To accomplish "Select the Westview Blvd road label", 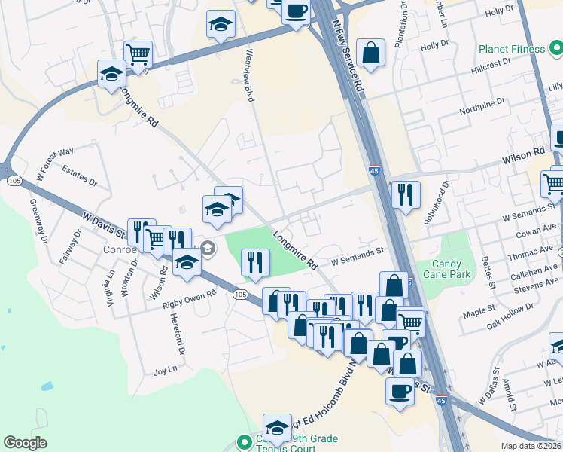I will pyautogui.click(x=249, y=75).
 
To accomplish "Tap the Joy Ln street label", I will pyautogui.click(x=165, y=370).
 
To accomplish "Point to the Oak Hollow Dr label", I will pyautogui.click(x=510, y=312).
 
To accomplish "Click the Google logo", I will pyautogui.click(x=25, y=443).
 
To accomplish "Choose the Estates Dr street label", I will pyautogui.click(x=80, y=176).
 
